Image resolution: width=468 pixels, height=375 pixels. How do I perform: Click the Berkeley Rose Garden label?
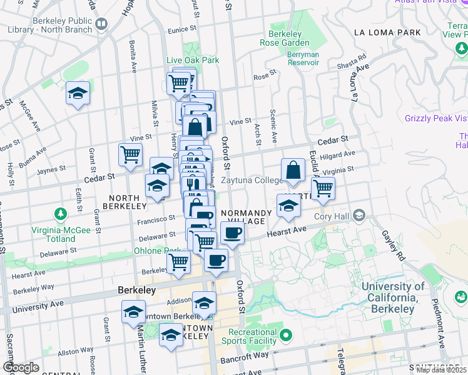pyautogui.click(x=285, y=38)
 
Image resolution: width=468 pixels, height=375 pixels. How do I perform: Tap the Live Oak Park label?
pyautogui.click(x=193, y=60)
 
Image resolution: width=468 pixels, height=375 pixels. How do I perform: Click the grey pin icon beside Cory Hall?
pyautogui.click(x=359, y=216)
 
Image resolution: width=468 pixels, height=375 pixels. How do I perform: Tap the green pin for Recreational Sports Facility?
pyautogui.click(x=287, y=336)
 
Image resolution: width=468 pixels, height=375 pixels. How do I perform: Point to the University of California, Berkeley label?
pyautogui.click(x=392, y=297)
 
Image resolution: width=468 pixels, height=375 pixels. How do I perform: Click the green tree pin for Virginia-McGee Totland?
pyautogui.click(x=61, y=215)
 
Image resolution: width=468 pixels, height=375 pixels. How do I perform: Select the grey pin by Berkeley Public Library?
pyautogui.click(x=101, y=24)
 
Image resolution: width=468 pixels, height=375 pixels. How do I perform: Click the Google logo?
pyautogui.click(x=21, y=367)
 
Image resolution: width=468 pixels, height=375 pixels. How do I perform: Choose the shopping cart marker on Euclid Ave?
pyautogui.click(x=323, y=188)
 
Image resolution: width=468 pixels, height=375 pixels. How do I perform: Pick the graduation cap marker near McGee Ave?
pyautogui.click(x=78, y=94)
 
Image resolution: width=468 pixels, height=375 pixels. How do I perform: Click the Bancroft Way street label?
pyautogui.click(x=252, y=354)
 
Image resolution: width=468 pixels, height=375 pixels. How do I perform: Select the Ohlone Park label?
pyautogui.click(x=150, y=251)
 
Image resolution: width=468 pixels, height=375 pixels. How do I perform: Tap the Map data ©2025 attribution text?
pyautogui.click(x=440, y=370)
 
